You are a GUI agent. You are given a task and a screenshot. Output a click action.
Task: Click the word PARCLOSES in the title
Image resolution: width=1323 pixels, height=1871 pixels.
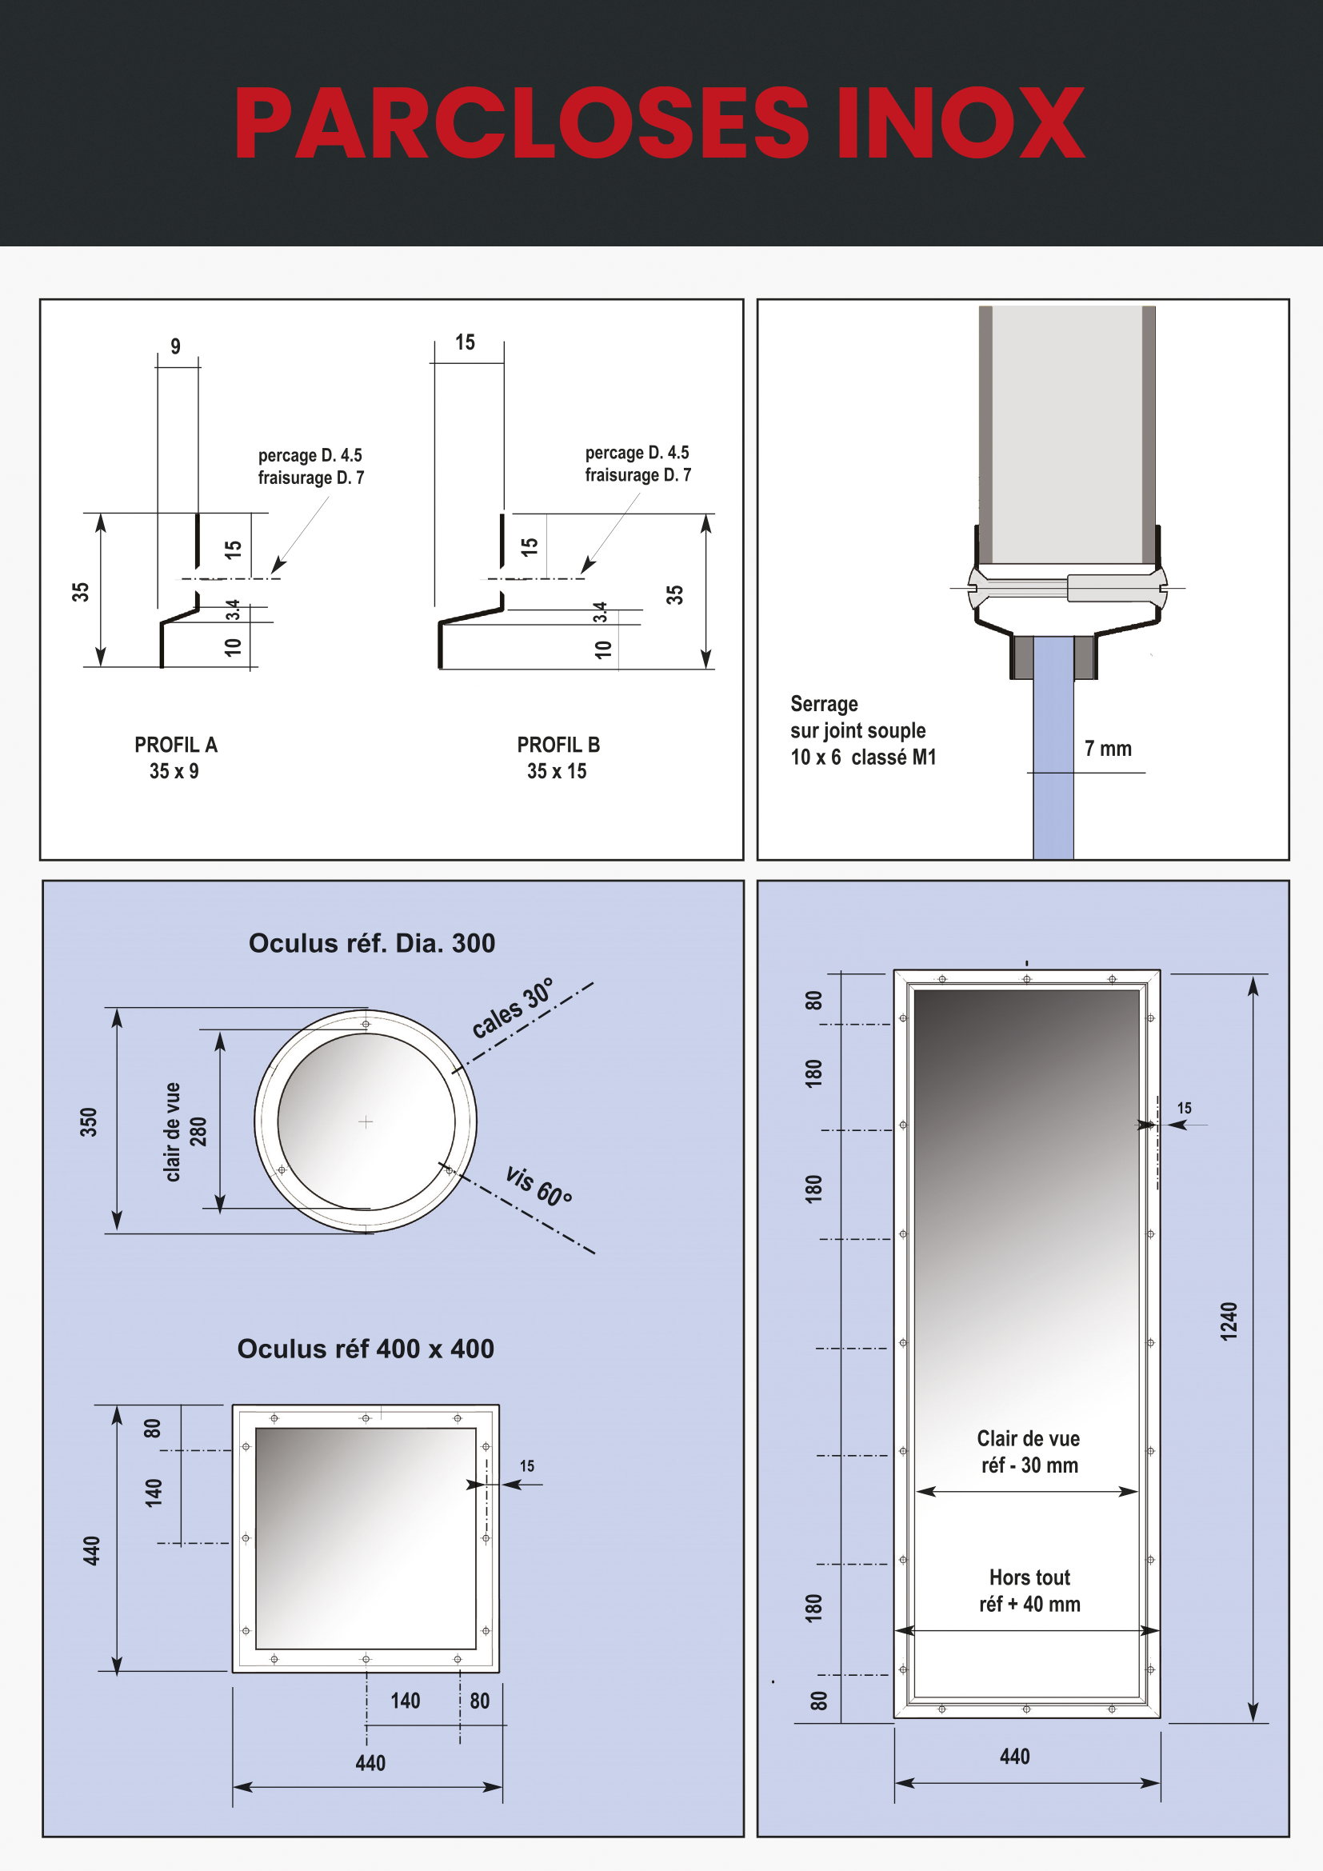(x=522, y=124)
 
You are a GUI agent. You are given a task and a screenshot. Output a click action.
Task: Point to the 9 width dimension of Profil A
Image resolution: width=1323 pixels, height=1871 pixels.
(x=175, y=346)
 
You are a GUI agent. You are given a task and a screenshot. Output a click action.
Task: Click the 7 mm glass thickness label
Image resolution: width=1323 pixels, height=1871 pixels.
(x=1107, y=748)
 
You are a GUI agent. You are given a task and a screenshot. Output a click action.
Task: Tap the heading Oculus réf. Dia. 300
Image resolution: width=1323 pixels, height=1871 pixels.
(x=371, y=943)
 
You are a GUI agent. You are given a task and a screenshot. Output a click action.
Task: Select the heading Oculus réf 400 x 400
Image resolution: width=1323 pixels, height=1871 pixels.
(x=365, y=1349)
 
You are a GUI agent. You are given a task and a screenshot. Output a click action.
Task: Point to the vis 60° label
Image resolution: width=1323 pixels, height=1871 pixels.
(x=538, y=1185)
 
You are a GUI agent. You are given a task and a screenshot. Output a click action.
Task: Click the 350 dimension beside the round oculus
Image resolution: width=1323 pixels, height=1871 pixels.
(x=88, y=1122)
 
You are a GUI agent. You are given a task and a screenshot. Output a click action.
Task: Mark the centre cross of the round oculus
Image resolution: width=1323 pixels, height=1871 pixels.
(x=366, y=1122)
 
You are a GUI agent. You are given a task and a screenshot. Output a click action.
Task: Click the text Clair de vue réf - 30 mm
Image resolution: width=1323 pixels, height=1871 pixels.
(x=1029, y=1451)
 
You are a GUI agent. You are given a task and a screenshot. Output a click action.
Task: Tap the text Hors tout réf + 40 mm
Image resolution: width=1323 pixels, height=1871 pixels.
(x=1029, y=1590)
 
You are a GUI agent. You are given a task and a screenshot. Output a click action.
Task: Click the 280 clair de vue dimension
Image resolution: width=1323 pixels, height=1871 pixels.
(x=198, y=1131)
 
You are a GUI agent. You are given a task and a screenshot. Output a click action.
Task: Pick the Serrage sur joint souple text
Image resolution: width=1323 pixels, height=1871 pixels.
(x=862, y=730)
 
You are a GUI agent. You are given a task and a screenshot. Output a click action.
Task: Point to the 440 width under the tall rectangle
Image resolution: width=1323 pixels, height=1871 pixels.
(x=1014, y=1756)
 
